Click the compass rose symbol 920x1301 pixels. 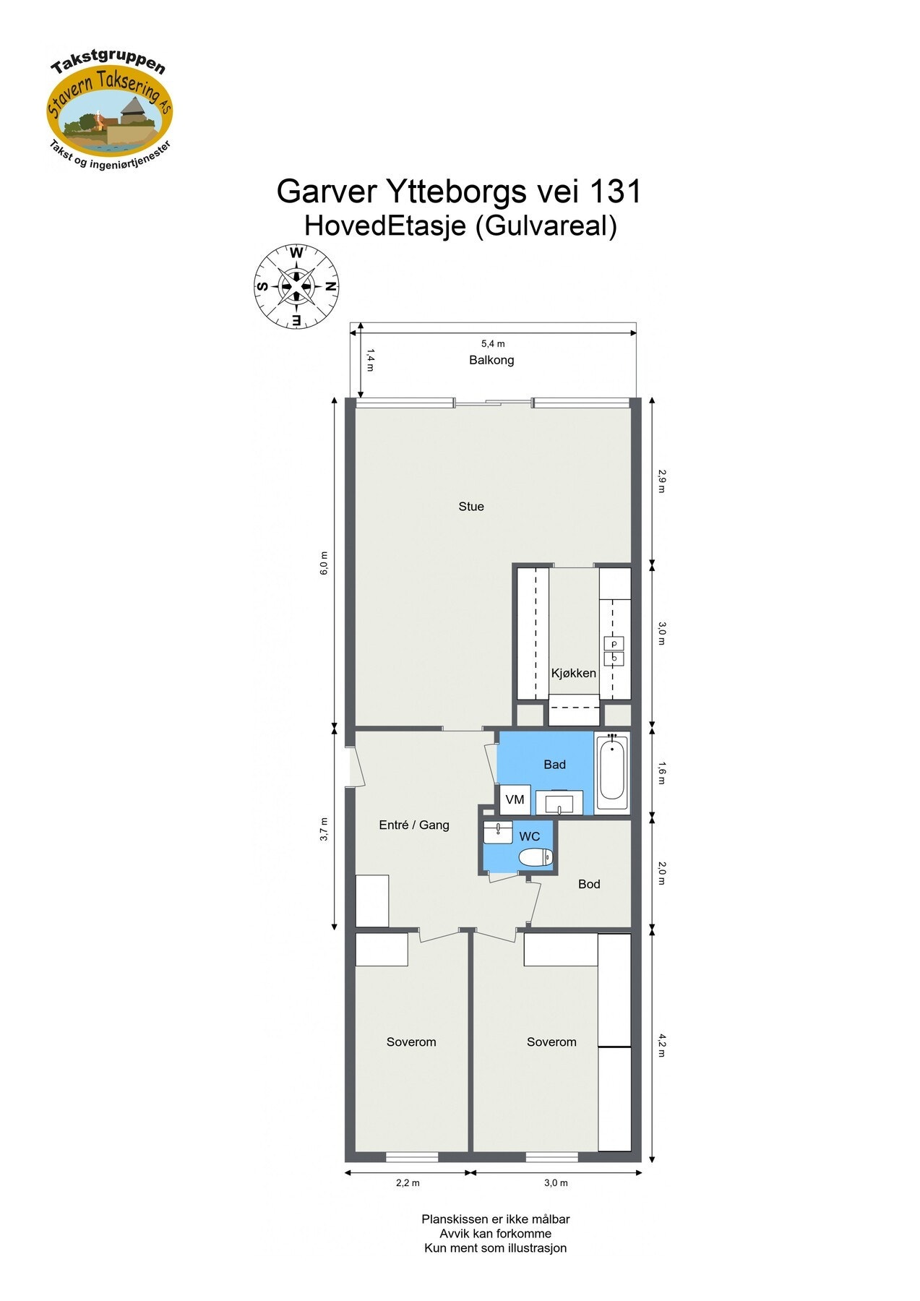pos(296,286)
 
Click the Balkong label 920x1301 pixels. pos(491,360)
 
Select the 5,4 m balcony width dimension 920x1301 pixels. pos(493,343)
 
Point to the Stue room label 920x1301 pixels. pos(471,507)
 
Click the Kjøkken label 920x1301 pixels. pos(574,673)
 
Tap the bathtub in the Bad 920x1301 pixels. pos(612,771)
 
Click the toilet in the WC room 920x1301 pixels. pos(536,858)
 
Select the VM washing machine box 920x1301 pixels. pos(515,799)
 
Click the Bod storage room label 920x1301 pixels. pos(589,884)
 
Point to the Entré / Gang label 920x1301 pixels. pos(414,825)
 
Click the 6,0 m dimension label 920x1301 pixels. pos(324,563)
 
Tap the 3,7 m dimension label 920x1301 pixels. pos(324,829)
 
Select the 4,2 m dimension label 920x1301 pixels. pos(661,1045)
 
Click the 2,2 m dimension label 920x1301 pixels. pos(408,1183)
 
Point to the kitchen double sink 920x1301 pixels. pos(614,651)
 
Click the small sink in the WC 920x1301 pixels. pos(497,832)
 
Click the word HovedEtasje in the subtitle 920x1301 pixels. pos(384,226)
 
